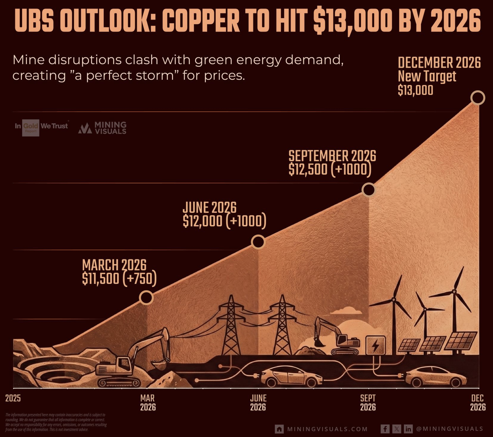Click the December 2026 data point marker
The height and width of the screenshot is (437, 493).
click(x=477, y=98)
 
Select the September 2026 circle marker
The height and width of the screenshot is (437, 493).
click(x=369, y=190)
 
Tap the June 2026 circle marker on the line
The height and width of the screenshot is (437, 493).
click(x=258, y=242)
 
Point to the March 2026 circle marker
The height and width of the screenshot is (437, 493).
click(x=146, y=297)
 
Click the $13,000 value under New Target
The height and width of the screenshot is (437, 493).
click(x=415, y=90)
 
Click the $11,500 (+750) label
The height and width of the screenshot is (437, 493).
click(x=119, y=279)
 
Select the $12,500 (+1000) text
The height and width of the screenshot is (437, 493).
click(x=330, y=169)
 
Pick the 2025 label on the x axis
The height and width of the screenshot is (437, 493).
click(x=13, y=398)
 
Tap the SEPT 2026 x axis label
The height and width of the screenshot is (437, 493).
click(x=368, y=402)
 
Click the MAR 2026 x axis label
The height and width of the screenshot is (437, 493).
click(x=148, y=402)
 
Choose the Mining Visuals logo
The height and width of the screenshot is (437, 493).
click(x=102, y=128)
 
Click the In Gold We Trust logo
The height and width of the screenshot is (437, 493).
click(x=41, y=126)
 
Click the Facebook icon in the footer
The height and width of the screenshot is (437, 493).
click(x=385, y=429)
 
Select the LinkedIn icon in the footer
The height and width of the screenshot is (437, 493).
click(x=408, y=429)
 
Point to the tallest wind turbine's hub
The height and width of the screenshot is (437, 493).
click(x=454, y=291)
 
